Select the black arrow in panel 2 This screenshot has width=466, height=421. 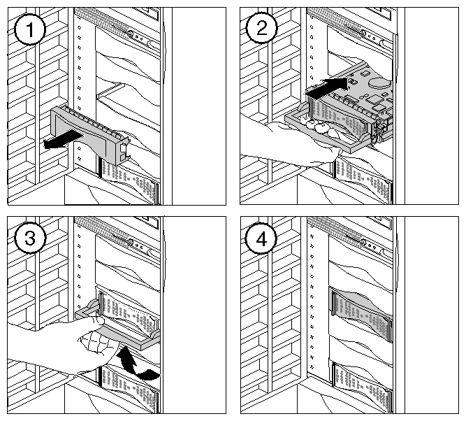tap(327, 87)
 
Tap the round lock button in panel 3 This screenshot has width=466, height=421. tap(131, 243)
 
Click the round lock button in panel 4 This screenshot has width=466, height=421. tap(363, 243)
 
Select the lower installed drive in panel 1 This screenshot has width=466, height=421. tap(130, 181)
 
